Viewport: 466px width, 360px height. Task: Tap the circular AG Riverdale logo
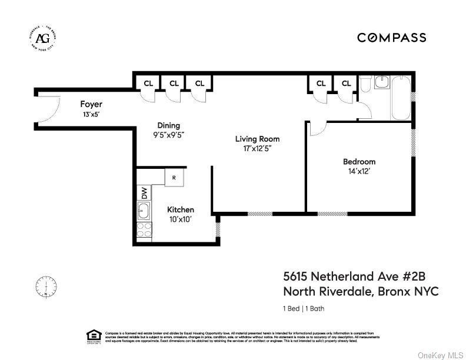[x=43, y=39]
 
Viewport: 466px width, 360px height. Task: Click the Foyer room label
[x=91, y=104]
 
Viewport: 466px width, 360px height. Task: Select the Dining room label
[x=168, y=125]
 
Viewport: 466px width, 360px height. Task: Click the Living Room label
[x=257, y=139]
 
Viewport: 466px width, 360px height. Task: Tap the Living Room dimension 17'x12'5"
[x=257, y=149]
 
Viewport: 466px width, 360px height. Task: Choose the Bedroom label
[x=359, y=162]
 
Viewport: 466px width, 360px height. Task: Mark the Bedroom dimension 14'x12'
[x=359, y=171]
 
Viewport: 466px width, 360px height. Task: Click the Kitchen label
[x=180, y=209]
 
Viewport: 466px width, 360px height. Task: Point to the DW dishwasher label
[x=143, y=192]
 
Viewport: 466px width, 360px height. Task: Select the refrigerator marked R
[x=174, y=177]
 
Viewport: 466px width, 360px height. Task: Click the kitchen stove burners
[x=143, y=229]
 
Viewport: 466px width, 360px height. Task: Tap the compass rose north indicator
[x=46, y=287]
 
